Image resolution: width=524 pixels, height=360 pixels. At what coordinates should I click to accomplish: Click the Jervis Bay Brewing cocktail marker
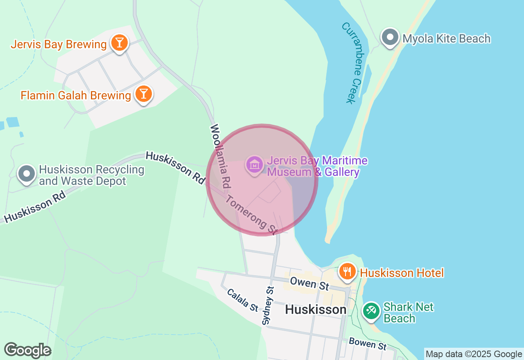(x=119, y=43)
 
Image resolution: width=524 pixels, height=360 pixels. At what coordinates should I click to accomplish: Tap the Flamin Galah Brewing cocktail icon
(x=143, y=94)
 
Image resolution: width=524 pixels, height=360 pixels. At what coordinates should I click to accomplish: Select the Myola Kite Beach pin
(x=390, y=38)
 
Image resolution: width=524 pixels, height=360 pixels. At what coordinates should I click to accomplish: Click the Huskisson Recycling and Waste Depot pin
(x=27, y=174)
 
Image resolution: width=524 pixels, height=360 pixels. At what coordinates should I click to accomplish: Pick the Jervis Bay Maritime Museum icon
(x=255, y=165)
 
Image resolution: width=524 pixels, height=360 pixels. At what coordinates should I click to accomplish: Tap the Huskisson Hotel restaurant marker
(x=348, y=271)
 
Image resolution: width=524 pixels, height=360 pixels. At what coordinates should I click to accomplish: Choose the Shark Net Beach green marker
(x=371, y=310)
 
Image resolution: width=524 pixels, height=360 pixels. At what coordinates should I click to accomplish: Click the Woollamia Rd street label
(x=219, y=156)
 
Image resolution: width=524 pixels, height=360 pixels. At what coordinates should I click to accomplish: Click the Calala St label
(x=242, y=300)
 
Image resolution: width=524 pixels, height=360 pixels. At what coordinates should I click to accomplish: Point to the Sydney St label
(x=268, y=306)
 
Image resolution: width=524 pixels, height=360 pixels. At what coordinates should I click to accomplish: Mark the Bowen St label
(x=367, y=344)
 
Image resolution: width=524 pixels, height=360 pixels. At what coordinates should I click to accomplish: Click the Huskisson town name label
(x=316, y=310)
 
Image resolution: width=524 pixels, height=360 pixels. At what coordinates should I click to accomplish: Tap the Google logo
(x=27, y=350)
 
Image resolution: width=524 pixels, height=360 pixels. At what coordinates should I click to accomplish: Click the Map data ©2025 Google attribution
(x=474, y=354)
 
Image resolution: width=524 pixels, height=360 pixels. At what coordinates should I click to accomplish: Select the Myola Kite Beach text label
(x=446, y=38)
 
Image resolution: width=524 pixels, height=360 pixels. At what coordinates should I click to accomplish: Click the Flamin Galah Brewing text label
(x=76, y=95)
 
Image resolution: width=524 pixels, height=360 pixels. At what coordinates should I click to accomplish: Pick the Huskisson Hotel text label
(x=402, y=273)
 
